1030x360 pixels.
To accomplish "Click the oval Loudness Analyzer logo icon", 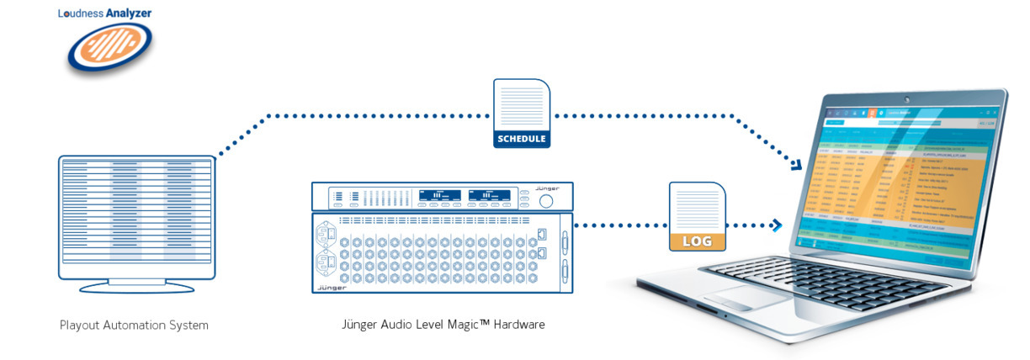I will tap(109, 50).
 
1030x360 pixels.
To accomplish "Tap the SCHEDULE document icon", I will tap(521, 114).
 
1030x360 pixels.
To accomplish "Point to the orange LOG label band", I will tap(697, 241).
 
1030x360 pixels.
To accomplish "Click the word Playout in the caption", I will tap(79, 325).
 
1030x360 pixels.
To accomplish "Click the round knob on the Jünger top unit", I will tap(546, 202).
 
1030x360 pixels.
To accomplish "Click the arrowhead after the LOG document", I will tap(778, 225).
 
